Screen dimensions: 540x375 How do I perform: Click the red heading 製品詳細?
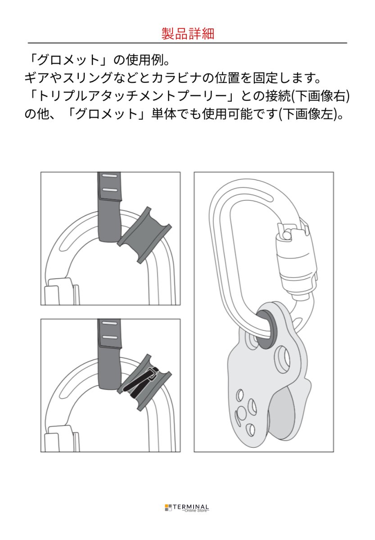click(x=187, y=34)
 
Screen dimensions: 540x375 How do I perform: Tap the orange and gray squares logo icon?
click(x=168, y=508)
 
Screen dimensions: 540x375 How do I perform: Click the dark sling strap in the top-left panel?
click(x=110, y=211)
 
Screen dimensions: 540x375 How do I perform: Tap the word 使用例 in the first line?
click(x=144, y=60)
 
